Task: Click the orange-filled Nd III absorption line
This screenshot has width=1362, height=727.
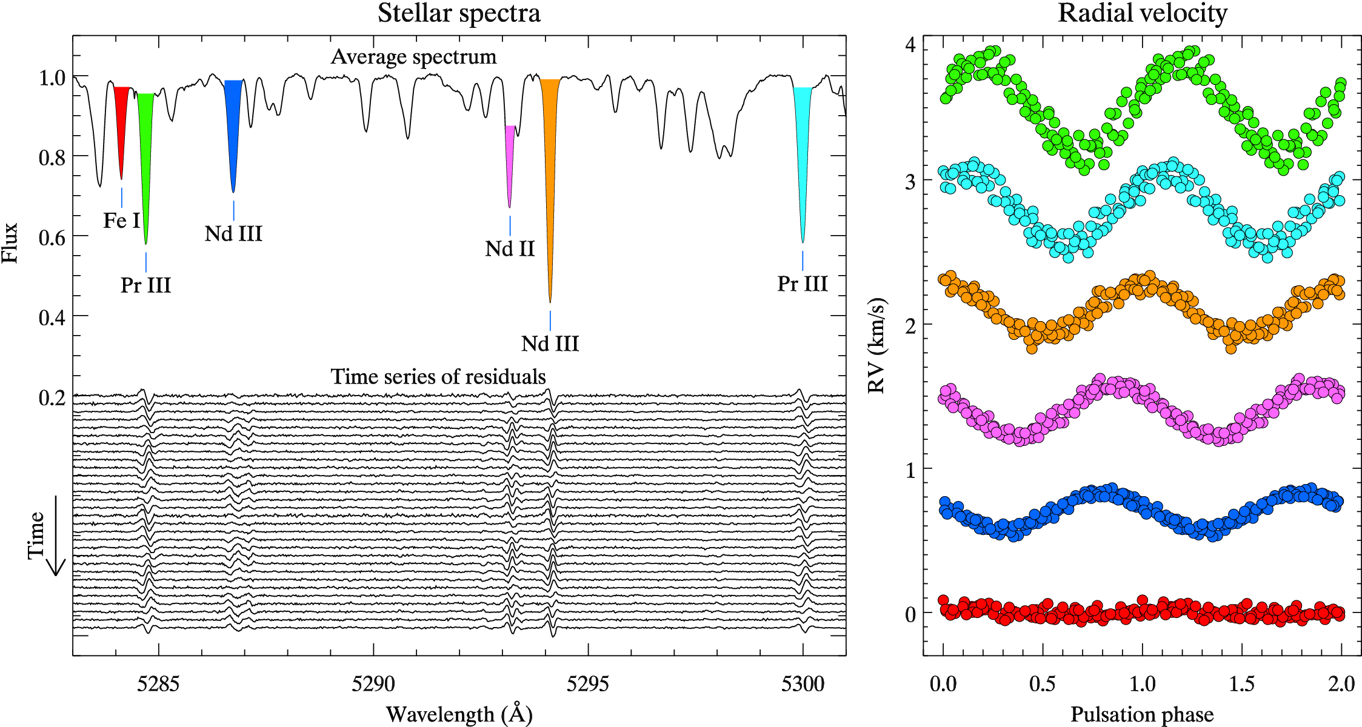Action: [550, 151]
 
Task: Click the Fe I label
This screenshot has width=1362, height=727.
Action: [122, 221]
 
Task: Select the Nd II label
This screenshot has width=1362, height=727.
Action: [510, 248]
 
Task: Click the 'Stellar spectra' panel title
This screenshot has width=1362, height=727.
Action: [459, 13]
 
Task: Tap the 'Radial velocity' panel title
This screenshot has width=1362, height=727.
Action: [1143, 13]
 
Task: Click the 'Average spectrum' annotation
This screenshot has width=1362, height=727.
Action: [413, 57]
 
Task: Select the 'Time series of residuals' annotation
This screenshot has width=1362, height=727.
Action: [438, 377]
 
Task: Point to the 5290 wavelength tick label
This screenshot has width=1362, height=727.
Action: [373, 684]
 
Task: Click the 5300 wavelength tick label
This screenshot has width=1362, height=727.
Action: [803, 684]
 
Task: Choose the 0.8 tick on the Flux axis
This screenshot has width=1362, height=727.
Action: [52, 158]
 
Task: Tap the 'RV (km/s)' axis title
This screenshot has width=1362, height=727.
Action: [877, 345]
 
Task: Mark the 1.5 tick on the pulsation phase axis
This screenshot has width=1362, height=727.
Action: [1241, 684]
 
